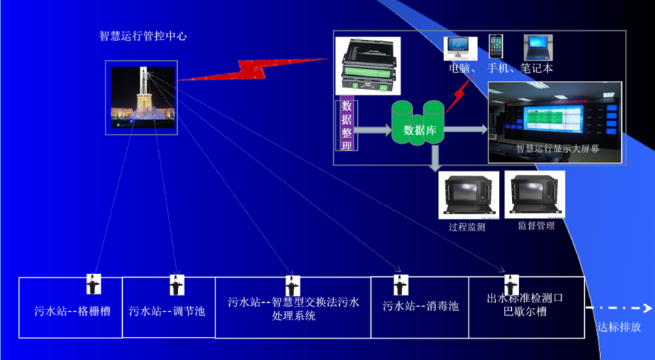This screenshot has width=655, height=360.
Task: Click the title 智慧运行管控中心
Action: coord(142,36)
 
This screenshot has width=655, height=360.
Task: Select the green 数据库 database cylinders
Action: coord(418,124)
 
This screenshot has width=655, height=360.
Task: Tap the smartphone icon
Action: coord(496,47)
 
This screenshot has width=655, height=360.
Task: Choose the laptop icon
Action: coord(536,48)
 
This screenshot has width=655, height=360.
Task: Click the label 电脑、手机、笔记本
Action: coord(500,69)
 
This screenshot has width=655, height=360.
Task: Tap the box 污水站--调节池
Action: coord(167,312)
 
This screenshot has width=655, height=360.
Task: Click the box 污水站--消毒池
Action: coord(421,306)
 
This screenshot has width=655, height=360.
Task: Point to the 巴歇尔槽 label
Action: coord(525,312)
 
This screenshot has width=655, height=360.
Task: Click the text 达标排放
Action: coord(619,327)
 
